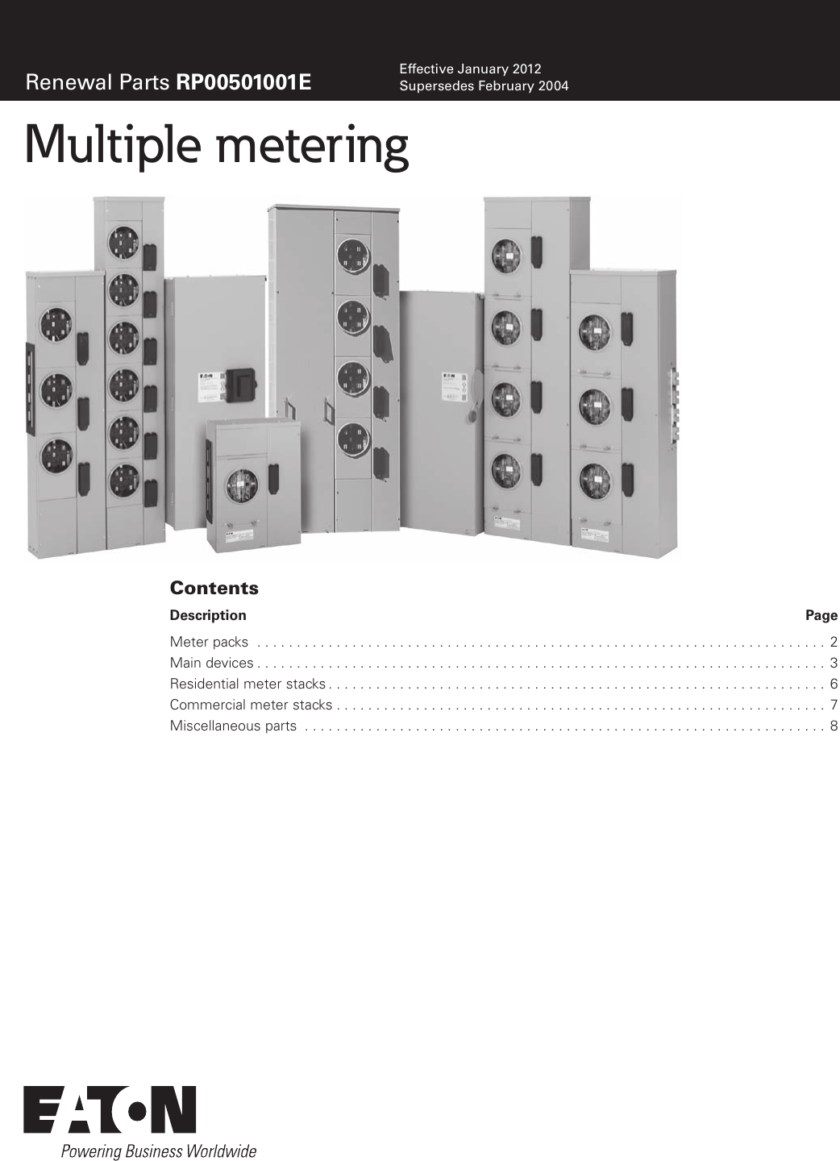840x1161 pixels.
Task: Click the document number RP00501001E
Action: coord(243,82)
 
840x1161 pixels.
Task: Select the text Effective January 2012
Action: coord(470,69)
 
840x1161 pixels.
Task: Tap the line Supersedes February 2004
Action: coord(484,85)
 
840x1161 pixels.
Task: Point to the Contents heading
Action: coord(214,588)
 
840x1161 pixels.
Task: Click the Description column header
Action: coord(208,615)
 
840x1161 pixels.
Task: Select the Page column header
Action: coord(821,615)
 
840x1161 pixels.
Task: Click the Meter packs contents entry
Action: coord(209,642)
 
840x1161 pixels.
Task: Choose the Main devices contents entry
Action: coord(211,663)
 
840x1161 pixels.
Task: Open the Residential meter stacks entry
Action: coord(247,684)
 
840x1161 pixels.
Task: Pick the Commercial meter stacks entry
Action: coord(251,705)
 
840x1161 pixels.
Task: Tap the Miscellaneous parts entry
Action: coord(233,726)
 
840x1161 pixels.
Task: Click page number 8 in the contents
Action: coord(834,726)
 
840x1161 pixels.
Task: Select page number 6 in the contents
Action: coord(834,684)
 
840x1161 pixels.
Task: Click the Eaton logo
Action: coord(110,1109)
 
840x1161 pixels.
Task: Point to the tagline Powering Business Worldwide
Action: coord(159,1151)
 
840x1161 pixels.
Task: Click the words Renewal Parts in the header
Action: coord(98,82)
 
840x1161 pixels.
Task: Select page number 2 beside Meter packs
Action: coord(834,642)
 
